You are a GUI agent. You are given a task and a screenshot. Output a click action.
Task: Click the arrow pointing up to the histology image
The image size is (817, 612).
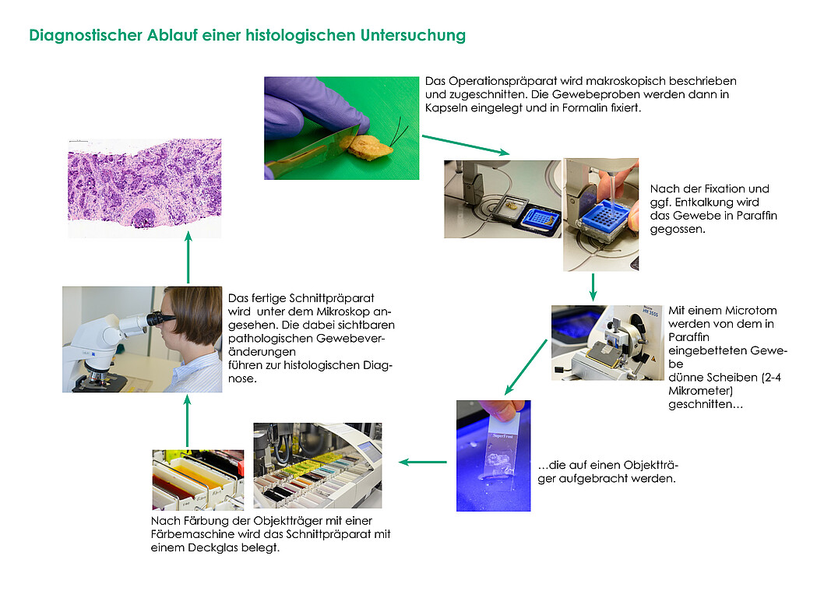point(188,257)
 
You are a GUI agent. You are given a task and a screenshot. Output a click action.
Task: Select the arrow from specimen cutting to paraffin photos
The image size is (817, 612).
point(466,144)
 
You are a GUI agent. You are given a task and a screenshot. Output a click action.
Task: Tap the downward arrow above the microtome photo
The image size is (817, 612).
point(593,287)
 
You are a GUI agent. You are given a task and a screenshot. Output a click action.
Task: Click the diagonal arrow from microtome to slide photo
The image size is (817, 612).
point(526,368)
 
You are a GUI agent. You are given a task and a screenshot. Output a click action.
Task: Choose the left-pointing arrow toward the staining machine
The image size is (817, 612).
point(423,462)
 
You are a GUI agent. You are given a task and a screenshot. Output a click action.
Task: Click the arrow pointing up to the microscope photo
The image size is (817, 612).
point(188,421)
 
